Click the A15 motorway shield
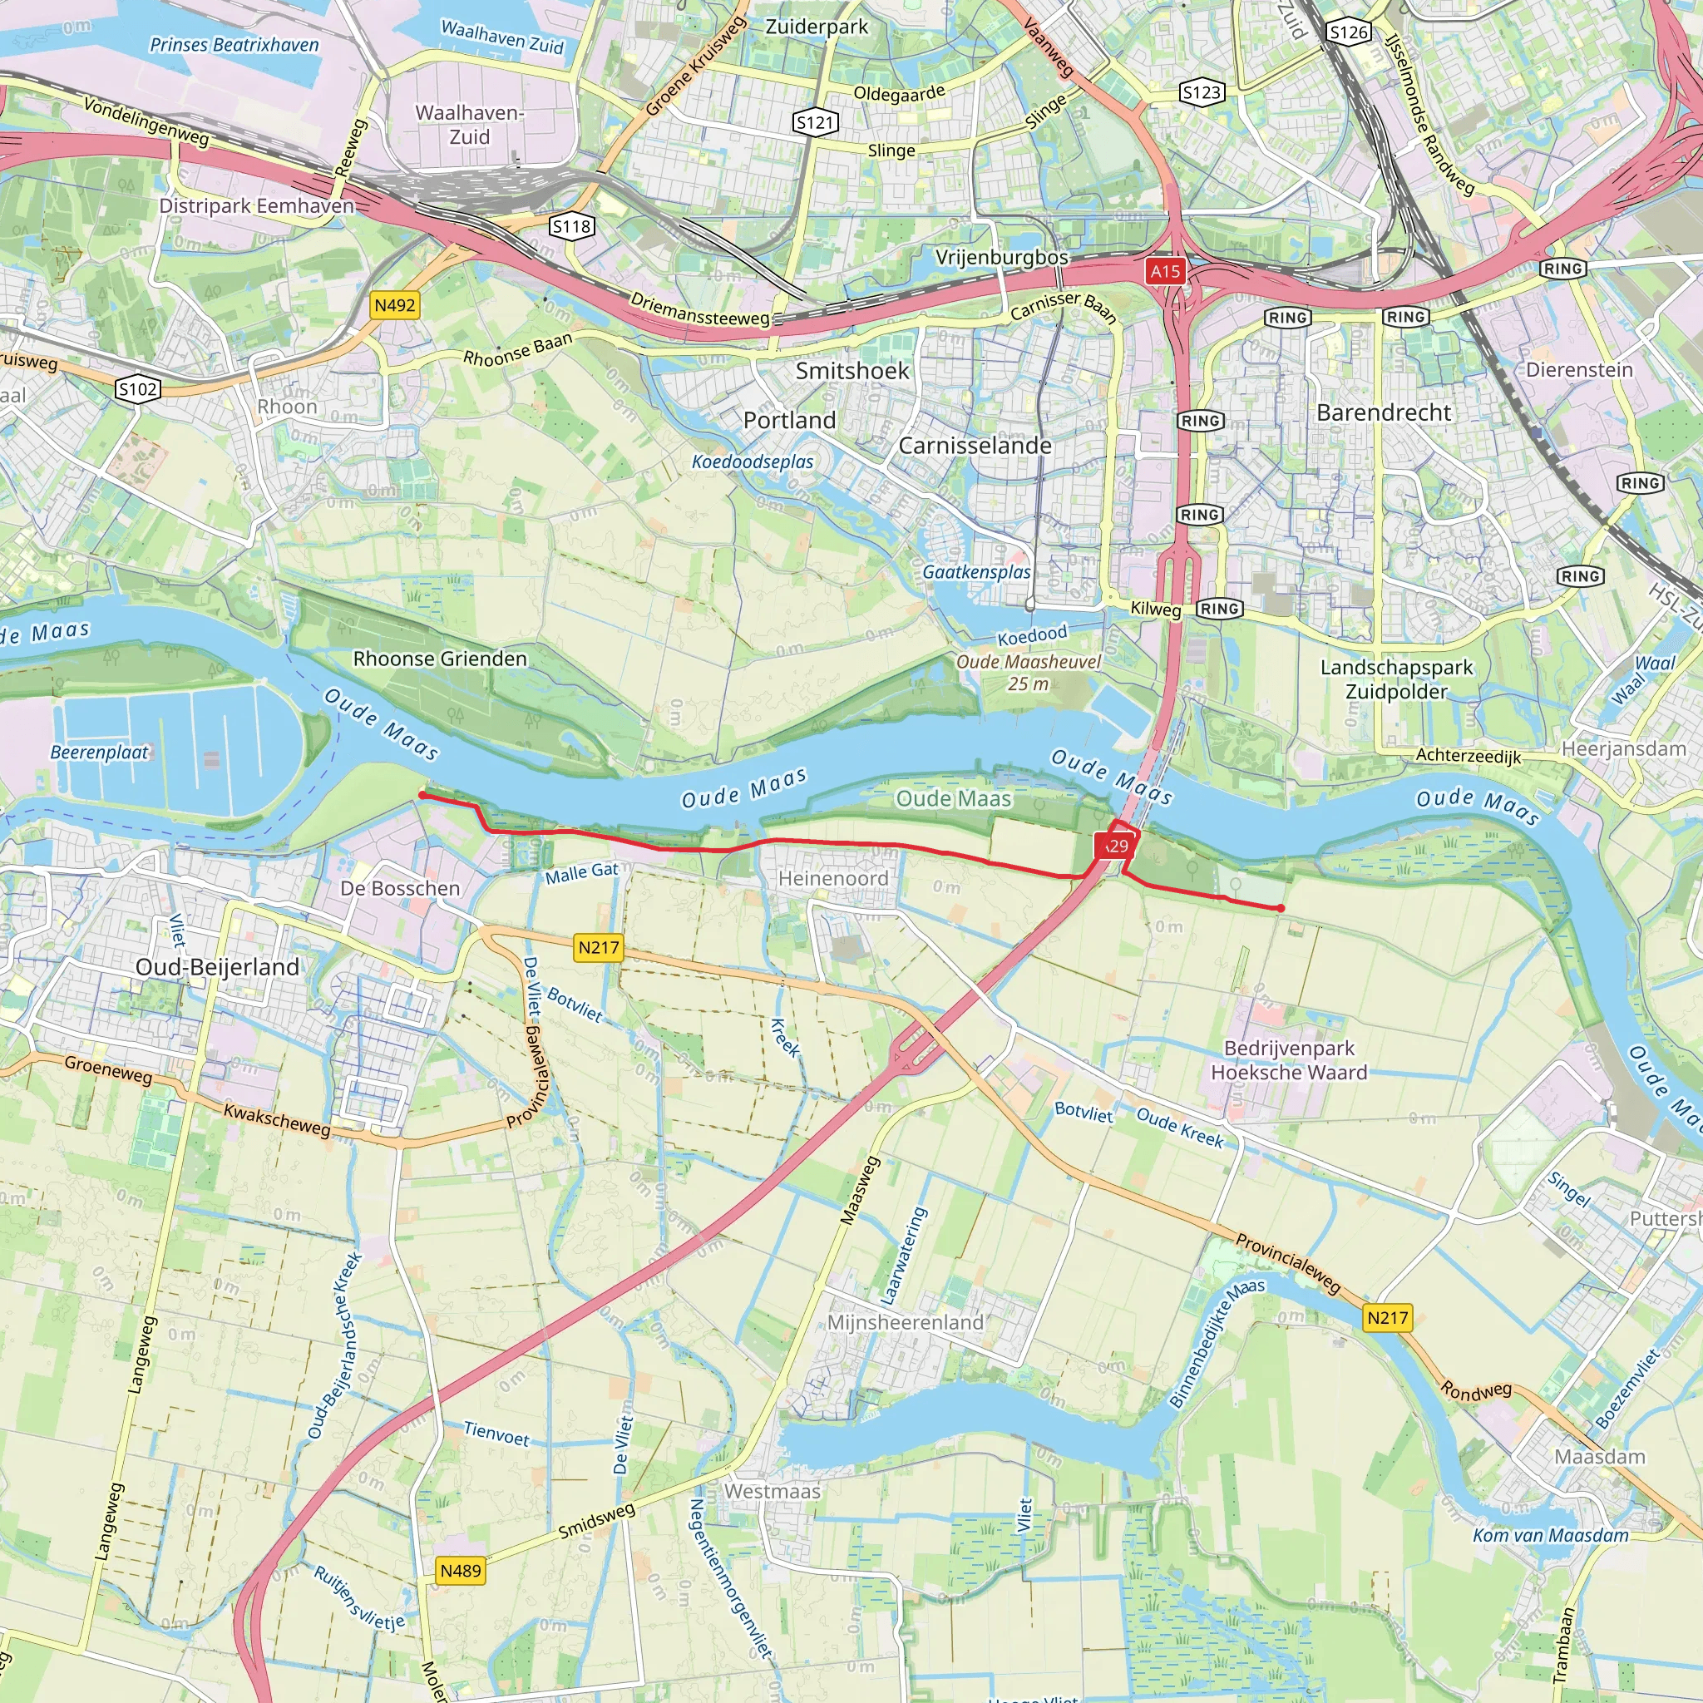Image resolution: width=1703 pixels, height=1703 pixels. (x=1164, y=271)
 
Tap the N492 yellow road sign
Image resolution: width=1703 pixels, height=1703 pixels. (x=394, y=306)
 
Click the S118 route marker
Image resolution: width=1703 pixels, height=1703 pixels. (x=571, y=226)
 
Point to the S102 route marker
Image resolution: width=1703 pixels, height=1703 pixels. (x=138, y=388)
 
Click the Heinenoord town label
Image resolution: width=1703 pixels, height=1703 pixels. (x=833, y=879)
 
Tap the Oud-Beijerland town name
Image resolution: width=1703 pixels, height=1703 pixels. (x=218, y=967)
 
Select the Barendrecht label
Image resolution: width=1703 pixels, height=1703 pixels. (x=1383, y=412)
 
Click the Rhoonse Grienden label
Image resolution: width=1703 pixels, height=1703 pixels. (x=440, y=659)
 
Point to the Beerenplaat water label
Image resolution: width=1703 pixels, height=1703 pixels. (x=99, y=752)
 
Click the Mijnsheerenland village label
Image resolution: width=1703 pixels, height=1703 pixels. (x=905, y=1323)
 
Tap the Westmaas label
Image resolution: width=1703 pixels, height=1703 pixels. (x=773, y=1492)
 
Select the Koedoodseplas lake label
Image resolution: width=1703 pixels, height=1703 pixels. (x=752, y=462)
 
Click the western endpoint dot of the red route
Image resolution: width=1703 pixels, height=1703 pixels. (x=422, y=795)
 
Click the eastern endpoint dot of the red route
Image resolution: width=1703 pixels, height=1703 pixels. (x=1280, y=908)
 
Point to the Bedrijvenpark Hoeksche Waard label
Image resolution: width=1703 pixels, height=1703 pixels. (x=1289, y=1060)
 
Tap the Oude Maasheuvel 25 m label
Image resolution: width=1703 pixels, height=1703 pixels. (x=1029, y=673)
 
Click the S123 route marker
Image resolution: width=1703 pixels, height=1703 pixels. (x=1202, y=91)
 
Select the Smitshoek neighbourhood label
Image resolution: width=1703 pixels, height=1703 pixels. (x=851, y=371)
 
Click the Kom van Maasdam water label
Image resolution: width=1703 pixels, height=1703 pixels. (x=1551, y=1535)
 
